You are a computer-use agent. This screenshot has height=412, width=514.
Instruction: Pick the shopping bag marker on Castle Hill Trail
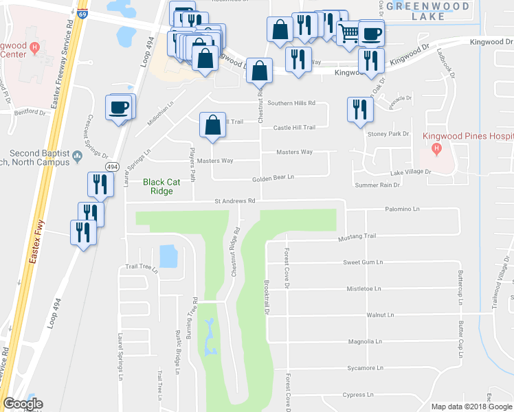[x=212, y=126]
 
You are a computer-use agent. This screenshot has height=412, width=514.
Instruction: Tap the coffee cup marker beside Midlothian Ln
[x=119, y=108]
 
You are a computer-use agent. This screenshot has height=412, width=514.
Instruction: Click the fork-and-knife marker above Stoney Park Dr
[x=359, y=110]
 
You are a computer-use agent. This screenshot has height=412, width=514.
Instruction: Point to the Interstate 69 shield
[x=82, y=14]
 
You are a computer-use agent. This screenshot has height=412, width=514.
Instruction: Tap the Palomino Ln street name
[x=402, y=208]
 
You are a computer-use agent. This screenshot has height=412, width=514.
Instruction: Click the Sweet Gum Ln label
[x=363, y=262]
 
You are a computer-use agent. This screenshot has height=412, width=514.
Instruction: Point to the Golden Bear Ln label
[x=273, y=177]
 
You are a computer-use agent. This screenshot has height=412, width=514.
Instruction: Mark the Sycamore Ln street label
[x=364, y=368]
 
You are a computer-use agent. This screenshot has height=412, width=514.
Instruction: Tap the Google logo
[x=23, y=404]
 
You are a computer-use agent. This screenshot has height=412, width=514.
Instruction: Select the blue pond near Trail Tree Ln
[x=168, y=256]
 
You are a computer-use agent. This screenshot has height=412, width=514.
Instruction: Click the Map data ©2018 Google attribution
[x=472, y=407]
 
